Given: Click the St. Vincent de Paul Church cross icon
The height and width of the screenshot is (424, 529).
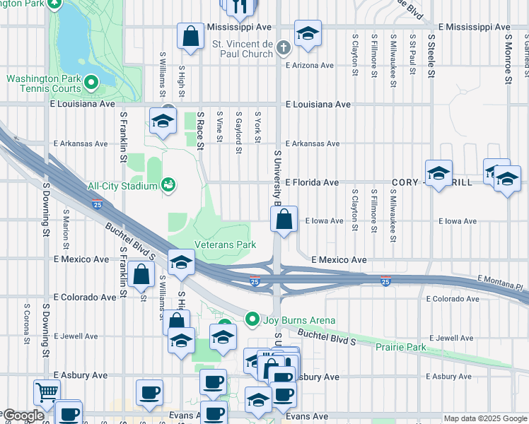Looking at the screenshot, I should click(x=284, y=48).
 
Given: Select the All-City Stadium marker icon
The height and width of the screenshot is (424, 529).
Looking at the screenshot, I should click(x=168, y=186).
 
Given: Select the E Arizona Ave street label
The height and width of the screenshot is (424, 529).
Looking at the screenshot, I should click(x=309, y=65).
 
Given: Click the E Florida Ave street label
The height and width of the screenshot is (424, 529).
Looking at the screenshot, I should click(x=312, y=182).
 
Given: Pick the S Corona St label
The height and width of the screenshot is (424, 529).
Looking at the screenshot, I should click(x=27, y=324).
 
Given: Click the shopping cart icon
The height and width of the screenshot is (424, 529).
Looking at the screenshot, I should click(x=47, y=391).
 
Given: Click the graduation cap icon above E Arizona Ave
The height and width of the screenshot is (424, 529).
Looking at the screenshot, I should click(x=308, y=34).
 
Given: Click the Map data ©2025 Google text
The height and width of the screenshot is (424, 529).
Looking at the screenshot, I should click(x=484, y=418).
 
